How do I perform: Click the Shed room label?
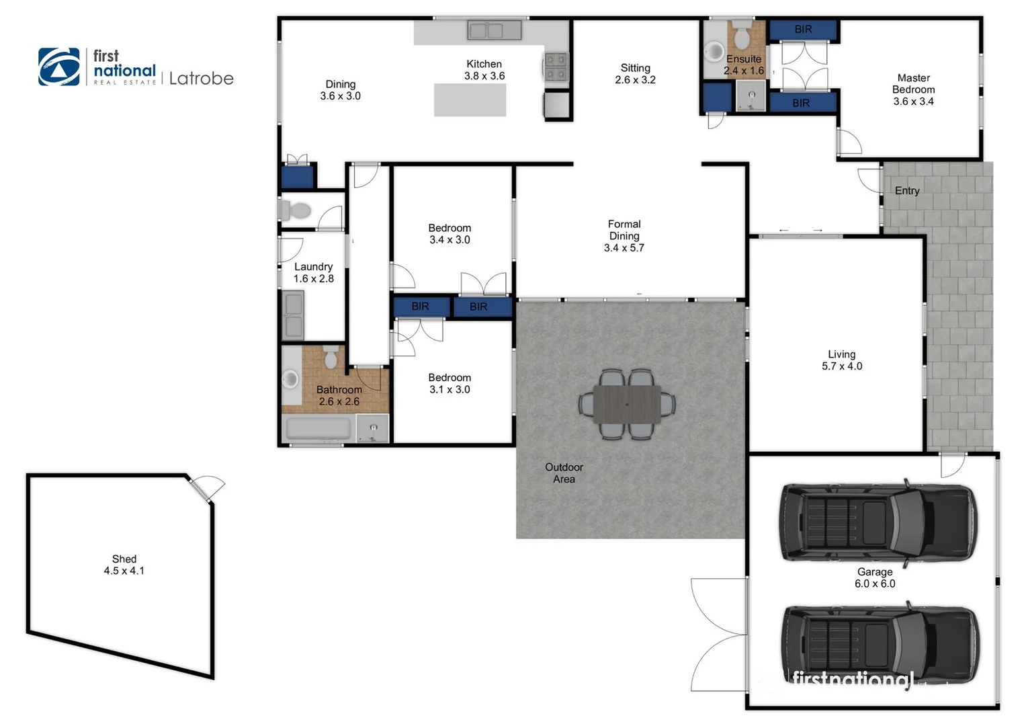tap(124, 559)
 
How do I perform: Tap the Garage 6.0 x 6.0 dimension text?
tap(875, 583)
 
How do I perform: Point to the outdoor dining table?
tap(627, 405)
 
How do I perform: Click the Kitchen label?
tap(484, 65)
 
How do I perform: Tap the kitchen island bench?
tap(470, 100)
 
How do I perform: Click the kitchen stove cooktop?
tap(556, 67)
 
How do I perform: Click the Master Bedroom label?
tap(913, 84)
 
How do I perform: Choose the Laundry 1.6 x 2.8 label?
tap(313, 273)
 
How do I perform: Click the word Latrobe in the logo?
tap(201, 79)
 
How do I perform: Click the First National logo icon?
tap(58, 67)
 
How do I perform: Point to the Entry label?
tap(906, 191)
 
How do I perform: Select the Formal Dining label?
tap(624, 230)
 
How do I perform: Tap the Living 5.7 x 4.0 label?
tap(841, 360)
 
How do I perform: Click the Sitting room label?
tap(635, 68)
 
